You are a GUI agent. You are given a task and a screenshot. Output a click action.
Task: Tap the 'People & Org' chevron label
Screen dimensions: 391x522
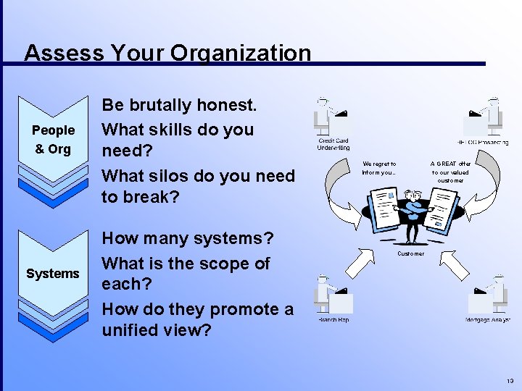(x=53, y=140)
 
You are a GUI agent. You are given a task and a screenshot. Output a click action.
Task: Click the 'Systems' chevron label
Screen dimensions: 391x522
(x=53, y=274)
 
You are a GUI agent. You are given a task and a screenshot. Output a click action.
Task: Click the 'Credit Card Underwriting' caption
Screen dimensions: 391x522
(x=333, y=144)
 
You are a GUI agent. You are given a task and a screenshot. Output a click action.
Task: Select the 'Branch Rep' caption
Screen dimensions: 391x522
(x=333, y=320)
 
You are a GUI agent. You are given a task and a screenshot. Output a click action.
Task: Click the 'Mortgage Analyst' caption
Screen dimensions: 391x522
(x=487, y=320)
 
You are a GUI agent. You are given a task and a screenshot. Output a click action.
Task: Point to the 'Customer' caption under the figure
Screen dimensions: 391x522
(x=410, y=253)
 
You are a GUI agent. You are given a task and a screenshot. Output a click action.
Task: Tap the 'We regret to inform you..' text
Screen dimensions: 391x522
(x=379, y=168)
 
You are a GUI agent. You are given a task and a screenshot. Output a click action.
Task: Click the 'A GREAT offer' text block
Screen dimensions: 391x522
(x=450, y=172)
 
